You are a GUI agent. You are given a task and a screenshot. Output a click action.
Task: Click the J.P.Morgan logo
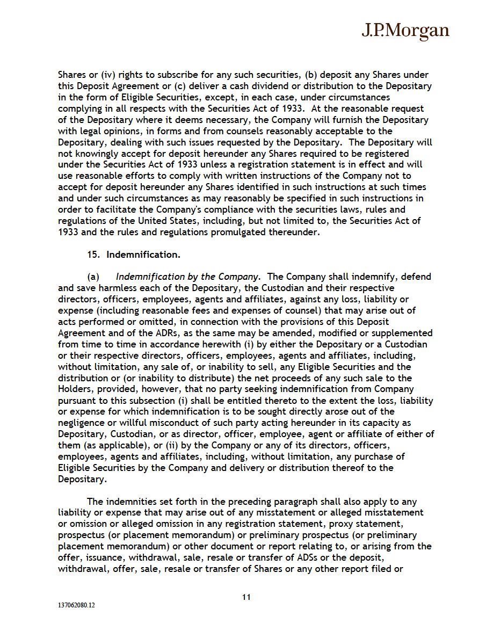(x=405, y=31)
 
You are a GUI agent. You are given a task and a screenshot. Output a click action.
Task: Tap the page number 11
(x=247, y=597)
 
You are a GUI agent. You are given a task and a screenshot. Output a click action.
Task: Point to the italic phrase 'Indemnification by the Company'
(x=186, y=277)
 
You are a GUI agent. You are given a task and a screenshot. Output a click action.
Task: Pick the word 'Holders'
(x=75, y=389)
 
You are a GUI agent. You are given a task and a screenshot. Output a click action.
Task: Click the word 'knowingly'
(x=94, y=154)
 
